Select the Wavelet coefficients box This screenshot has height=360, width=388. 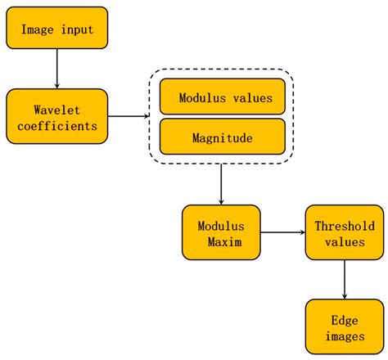tap(56, 116)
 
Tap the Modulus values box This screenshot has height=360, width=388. tap(223, 97)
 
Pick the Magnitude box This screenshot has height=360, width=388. tap(223, 137)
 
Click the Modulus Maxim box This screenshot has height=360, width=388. tap(221, 232)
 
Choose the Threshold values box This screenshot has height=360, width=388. tap(344, 232)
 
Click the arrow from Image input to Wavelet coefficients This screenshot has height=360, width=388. tap(56, 68)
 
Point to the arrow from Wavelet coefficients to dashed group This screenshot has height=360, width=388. tap(127, 116)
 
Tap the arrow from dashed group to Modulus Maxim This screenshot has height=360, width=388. tap(221, 184)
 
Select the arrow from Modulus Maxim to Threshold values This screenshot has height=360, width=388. tap(282, 232)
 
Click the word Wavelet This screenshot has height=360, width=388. tap(56, 108)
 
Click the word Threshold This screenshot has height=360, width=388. tap(344, 224)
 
